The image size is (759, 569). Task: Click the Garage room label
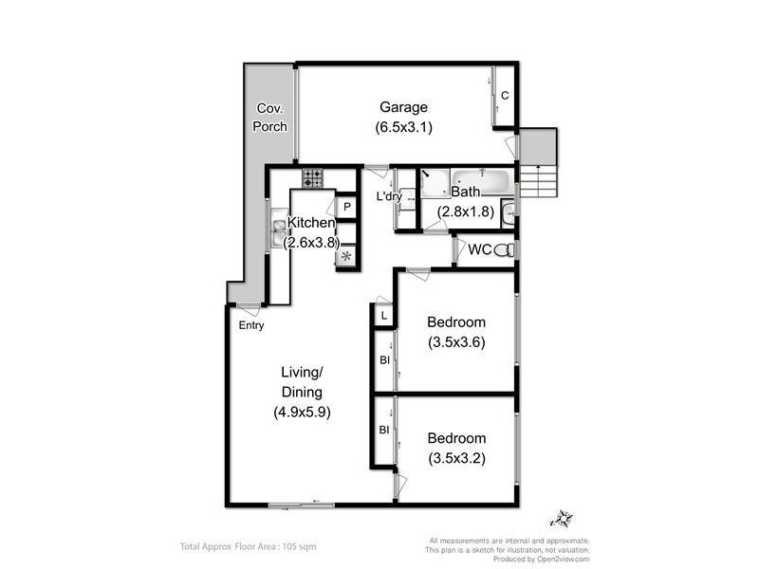coord(404,107)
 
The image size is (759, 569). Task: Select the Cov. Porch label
coord(270,118)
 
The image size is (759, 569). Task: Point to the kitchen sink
coord(280,226)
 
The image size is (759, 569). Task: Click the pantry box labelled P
coord(347,207)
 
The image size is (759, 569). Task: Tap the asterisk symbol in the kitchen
coord(346,256)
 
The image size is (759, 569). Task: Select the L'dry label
coord(390,197)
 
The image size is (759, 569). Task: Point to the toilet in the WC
coord(509,250)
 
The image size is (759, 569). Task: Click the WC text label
coord(480,250)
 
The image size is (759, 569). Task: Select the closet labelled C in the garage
coord(505,95)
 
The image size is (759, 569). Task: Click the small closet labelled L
coord(383,316)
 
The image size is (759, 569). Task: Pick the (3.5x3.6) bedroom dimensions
coord(456,342)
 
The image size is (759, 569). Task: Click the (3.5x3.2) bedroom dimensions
coord(456,458)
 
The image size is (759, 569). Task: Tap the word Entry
coord(251,325)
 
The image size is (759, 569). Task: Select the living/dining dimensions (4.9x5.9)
coord(301,413)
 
